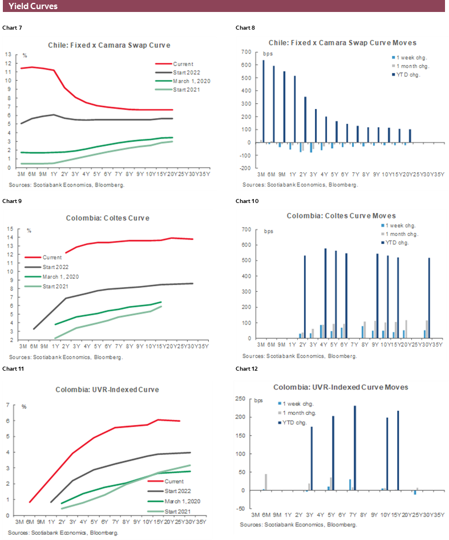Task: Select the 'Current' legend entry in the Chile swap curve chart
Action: coord(183,64)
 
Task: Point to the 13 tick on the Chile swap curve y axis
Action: coord(7,55)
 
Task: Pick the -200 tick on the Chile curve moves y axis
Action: coord(245,169)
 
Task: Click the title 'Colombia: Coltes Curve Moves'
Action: coord(341,216)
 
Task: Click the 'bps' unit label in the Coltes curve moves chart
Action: coord(269,231)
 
